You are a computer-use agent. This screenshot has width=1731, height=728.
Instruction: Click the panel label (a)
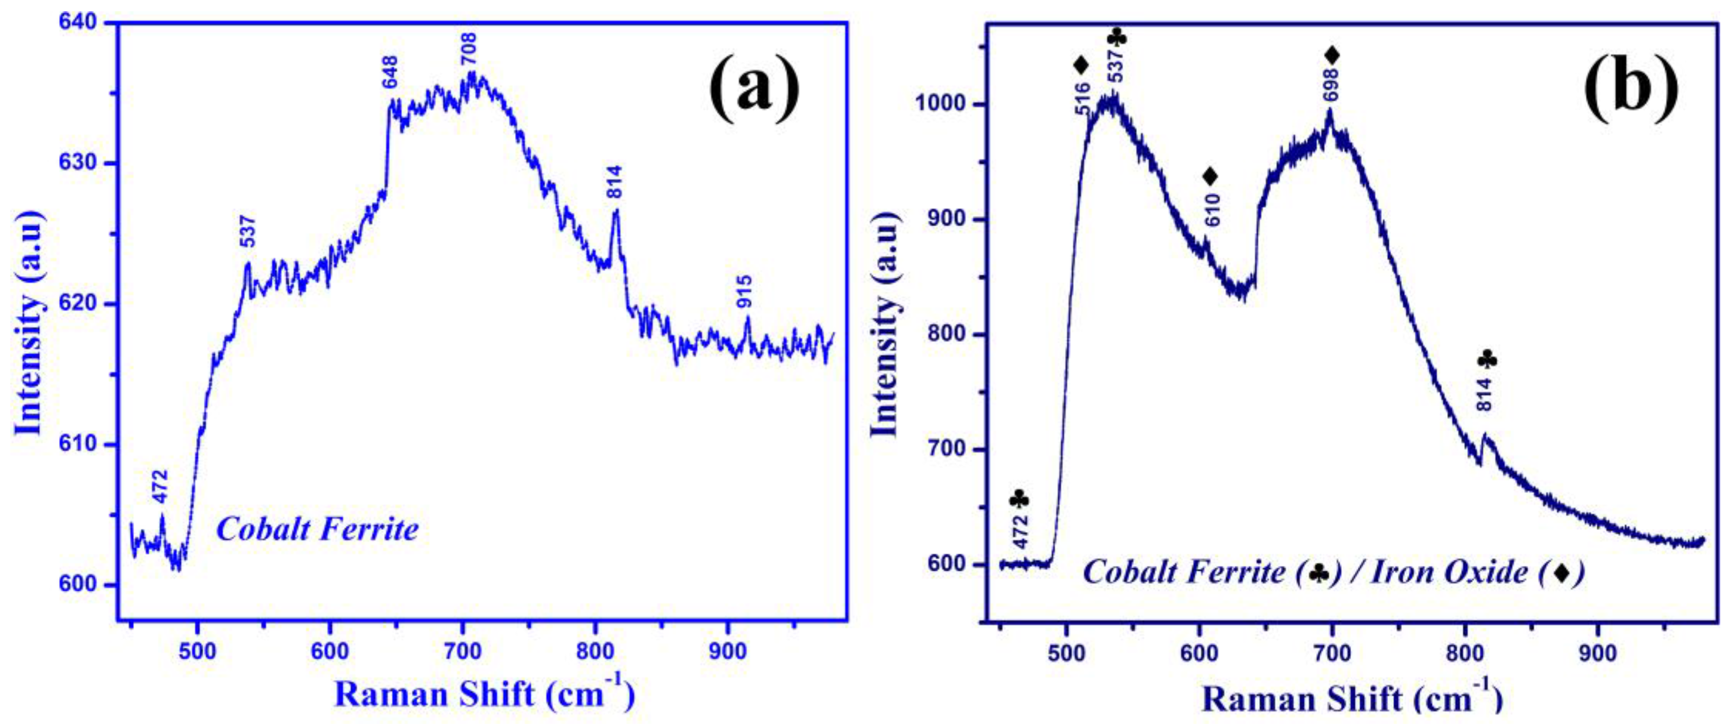coord(755,89)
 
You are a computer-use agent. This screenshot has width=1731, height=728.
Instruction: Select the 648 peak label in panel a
coord(390,72)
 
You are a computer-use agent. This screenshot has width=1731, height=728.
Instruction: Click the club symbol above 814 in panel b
coord(1488,361)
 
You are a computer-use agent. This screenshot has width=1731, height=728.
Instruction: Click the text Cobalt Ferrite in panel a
coord(317,530)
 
